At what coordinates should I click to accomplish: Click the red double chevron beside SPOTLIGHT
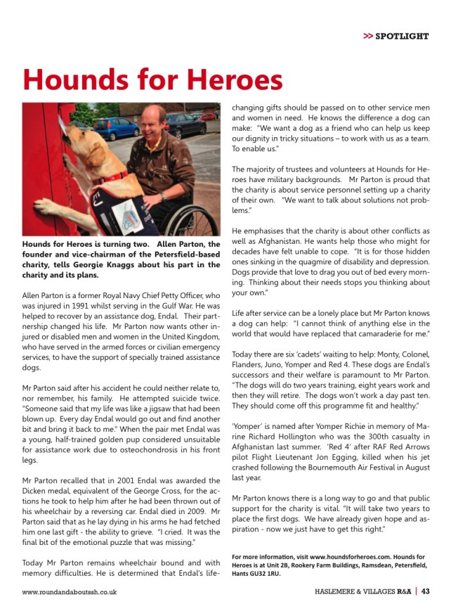pos(367,36)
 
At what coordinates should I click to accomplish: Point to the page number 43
pos(426,591)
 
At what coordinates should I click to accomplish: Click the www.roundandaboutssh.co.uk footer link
pos(70,592)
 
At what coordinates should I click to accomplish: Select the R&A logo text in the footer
pos(403,591)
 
